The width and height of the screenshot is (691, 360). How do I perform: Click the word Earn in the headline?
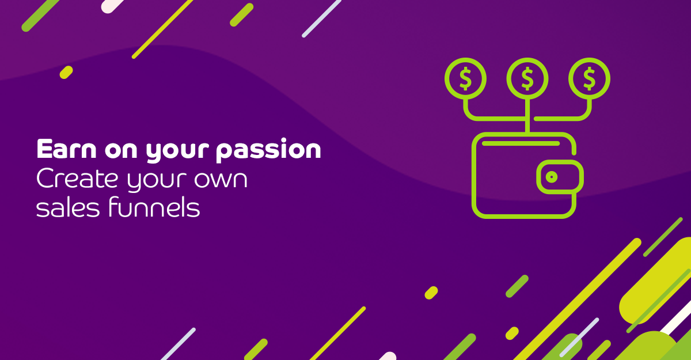click(66, 149)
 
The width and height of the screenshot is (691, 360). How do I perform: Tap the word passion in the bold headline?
click(268, 150)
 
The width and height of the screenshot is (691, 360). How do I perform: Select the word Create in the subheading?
click(77, 179)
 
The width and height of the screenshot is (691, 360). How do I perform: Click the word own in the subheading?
click(221, 180)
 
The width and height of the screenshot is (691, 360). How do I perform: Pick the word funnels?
click(154, 207)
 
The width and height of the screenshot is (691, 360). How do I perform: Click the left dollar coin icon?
click(465, 78)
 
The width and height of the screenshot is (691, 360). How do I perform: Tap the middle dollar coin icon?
click(527, 78)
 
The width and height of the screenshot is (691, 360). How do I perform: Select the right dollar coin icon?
click(589, 78)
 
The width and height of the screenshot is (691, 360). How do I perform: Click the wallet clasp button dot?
click(552, 177)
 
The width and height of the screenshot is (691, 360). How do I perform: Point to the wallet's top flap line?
click(521, 143)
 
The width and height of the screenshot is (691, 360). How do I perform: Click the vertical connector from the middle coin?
click(527, 116)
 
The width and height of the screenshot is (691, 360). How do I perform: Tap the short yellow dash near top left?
click(66, 72)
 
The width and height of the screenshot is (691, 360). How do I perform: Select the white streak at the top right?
click(321, 18)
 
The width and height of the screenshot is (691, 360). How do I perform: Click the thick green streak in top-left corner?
click(40, 16)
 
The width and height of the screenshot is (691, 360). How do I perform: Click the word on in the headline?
click(121, 150)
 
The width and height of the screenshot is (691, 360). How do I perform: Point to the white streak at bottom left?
click(179, 344)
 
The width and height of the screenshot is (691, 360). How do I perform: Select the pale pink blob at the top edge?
click(112, 6)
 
